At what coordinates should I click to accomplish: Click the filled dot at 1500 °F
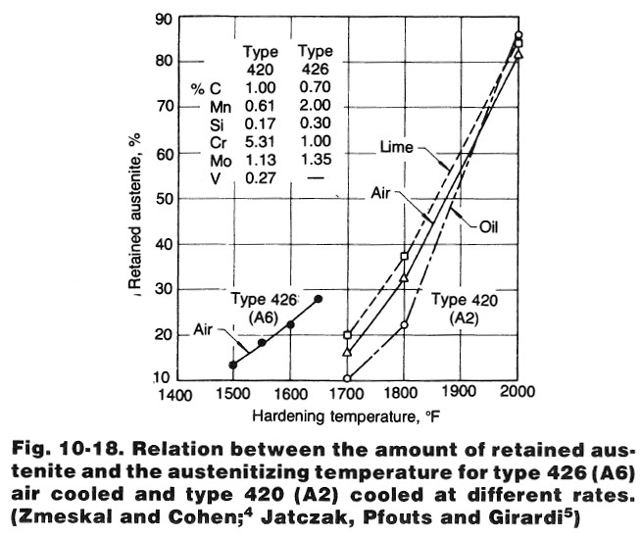click(232, 365)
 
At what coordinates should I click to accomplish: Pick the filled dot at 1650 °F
click(318, 298)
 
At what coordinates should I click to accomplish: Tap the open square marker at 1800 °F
click(404, 257)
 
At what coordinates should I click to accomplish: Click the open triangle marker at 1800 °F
click(404, 279)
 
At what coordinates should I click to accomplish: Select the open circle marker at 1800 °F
click(404, 324)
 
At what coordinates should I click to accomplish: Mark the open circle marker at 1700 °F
click(347, 378)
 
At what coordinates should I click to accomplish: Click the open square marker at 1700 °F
click(347, 335)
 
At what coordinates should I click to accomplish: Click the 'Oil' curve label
click(493, 226)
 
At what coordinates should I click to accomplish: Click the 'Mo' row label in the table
click(221, 160)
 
